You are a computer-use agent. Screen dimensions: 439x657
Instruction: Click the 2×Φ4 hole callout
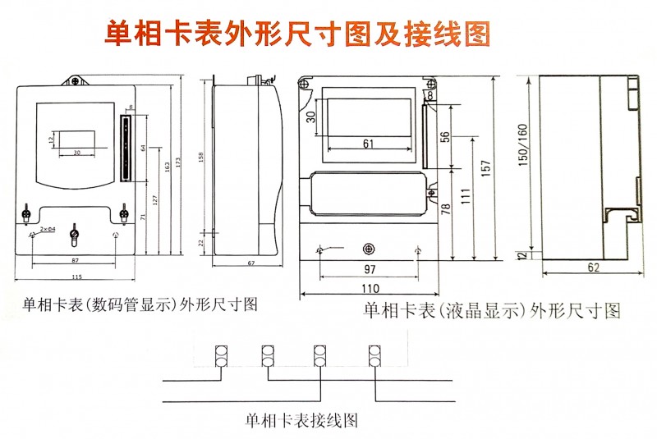click(47, 229)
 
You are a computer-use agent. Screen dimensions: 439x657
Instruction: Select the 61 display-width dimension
click(367, 144)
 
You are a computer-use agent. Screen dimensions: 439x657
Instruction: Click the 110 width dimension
click(370, 289)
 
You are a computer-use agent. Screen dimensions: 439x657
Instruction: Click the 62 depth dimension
click(593, 268)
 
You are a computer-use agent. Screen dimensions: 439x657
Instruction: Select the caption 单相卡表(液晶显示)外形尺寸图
click(491, 311)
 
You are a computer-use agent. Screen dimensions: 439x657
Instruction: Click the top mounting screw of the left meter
click(75, 81)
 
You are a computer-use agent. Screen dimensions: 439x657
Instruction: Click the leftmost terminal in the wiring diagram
click(218, 355)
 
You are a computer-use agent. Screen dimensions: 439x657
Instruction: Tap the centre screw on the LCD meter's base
click(369, 249)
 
